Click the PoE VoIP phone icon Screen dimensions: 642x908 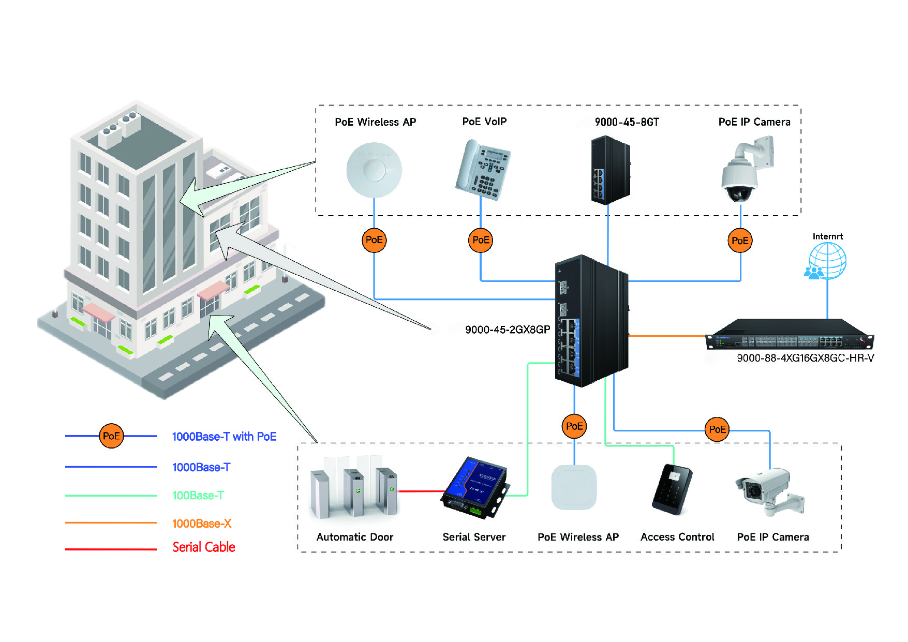[x=483, y=170]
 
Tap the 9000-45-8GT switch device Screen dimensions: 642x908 [x=610, y=170]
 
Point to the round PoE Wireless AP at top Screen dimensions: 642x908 [x=374, y=170]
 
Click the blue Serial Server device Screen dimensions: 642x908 [x=475, y=487]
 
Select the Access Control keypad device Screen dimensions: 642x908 [x=672, y=489]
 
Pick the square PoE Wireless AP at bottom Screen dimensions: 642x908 [x=574, y=487]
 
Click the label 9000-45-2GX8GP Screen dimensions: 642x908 [x=507, y=330]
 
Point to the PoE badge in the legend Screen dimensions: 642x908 [x=111, y=436]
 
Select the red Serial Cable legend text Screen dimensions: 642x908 [x=204, y=547]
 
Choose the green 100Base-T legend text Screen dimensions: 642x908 [x=198, y=496]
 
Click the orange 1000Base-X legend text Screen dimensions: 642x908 [x=202, y=524]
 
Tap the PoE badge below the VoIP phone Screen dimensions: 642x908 [x=481, y=240]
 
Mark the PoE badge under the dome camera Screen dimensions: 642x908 [x=740, y=241]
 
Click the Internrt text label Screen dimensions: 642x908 [x=827, y=236]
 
